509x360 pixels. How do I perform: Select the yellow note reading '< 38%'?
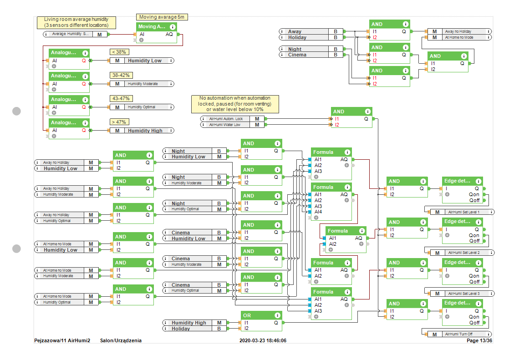[x=119, y=52]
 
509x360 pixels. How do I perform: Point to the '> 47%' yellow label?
[x=119, y=122]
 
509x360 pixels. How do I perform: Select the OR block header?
[x=261, y=315]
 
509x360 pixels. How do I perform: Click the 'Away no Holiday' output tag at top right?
[x=460, y=31]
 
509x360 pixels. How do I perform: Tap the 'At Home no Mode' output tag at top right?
[x=460, y=37]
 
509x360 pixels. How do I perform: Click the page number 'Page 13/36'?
[x=479, y=340]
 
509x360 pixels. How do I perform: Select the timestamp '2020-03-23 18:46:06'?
[x=263, y=340]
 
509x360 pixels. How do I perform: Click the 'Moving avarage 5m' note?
[x=162, y=17]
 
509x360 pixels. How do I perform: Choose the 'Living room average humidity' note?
[x=76, y=22]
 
